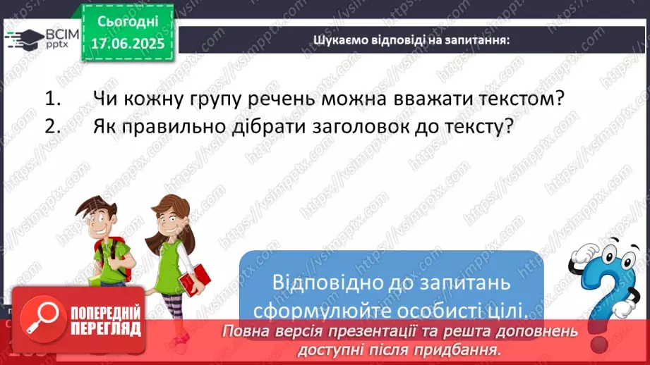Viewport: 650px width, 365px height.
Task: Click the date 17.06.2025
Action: click(127, 44)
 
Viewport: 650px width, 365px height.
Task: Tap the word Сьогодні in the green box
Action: click(127, 22)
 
